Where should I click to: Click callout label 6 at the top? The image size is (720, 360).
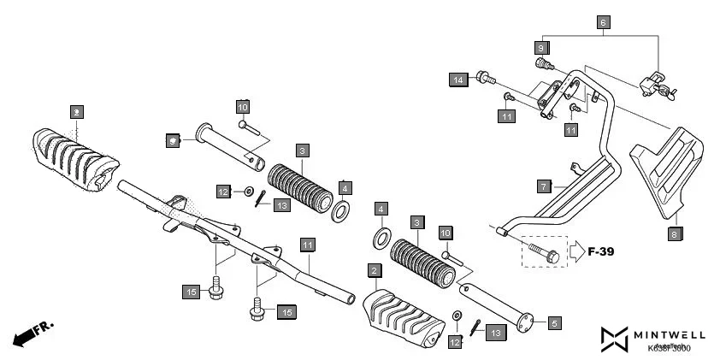point(604,22)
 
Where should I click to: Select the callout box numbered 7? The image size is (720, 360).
point(542,186)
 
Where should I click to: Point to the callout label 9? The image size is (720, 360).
point(541,47)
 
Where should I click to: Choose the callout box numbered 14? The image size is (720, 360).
point(458,80)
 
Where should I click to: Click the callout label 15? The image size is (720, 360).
point(192,292)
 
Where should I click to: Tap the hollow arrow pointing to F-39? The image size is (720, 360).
point(575,251)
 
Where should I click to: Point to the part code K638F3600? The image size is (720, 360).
point(670,348)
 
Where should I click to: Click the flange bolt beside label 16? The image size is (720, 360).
point(257,309)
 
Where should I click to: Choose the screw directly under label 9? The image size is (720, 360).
point(540,64)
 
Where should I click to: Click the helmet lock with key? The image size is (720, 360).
point(656,83)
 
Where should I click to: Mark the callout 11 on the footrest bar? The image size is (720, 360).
point(306,245)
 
